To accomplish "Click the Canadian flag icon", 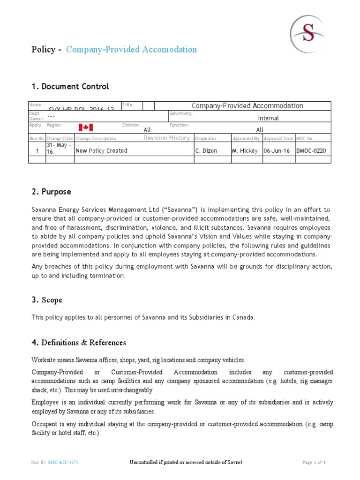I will [86, 127].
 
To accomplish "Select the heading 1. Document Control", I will [70, 86].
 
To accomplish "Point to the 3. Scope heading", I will [47, 300].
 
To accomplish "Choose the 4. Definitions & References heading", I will [79, 343].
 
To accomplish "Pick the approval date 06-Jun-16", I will [278, 150].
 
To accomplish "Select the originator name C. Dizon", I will [206, 150].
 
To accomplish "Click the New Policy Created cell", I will [101, 150].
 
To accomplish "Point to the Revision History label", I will [166, 138].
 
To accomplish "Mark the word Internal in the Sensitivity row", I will [269, 118].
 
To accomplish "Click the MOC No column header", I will [305, 139].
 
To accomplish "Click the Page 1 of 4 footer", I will [314, 463].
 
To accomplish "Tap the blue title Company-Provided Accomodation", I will [131, 49].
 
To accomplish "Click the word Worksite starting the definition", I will [44, 360].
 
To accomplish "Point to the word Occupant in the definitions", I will [45, 424].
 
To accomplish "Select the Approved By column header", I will [247, 139].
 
